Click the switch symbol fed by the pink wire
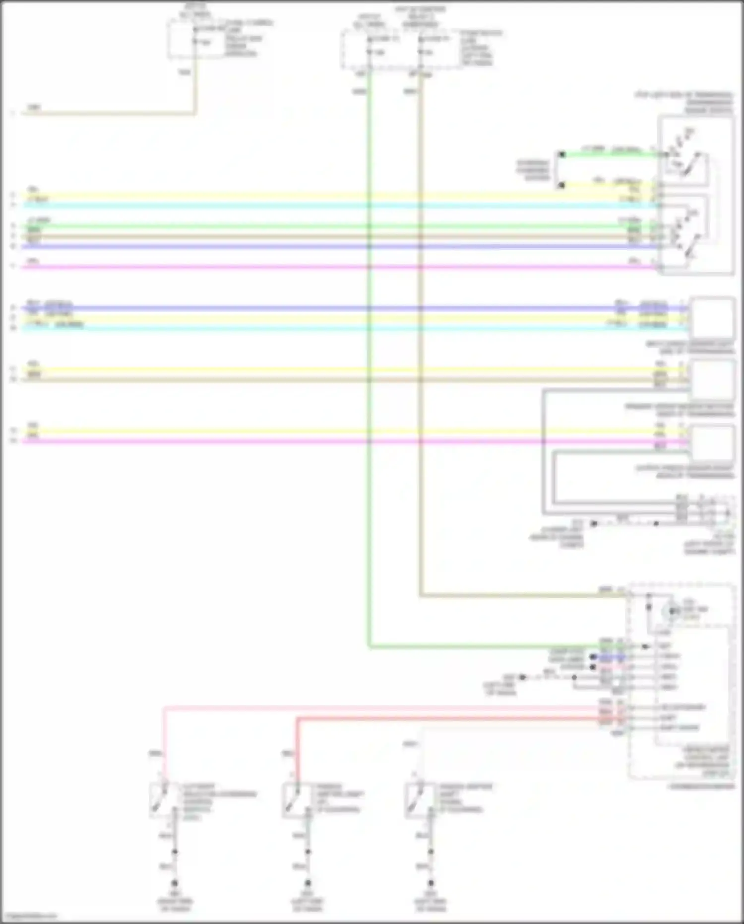pos(160,800)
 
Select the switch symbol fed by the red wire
pos(292,800)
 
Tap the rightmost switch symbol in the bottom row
pos(415,800)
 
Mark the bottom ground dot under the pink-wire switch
pos(175,883)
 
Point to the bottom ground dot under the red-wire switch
pos(308,883)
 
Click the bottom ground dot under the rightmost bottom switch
pos(431,883)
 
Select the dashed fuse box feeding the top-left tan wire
pos(196,39)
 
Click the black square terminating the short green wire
pos(561,155)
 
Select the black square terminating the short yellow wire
pos(561,185)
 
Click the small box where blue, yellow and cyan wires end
pos(712,316)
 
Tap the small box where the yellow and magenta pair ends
pos(712,442)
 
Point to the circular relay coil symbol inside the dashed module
pos(673,611)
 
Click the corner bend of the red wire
pos(298,718)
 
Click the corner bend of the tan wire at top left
pos(195,114)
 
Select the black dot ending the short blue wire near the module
pos(592,657)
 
